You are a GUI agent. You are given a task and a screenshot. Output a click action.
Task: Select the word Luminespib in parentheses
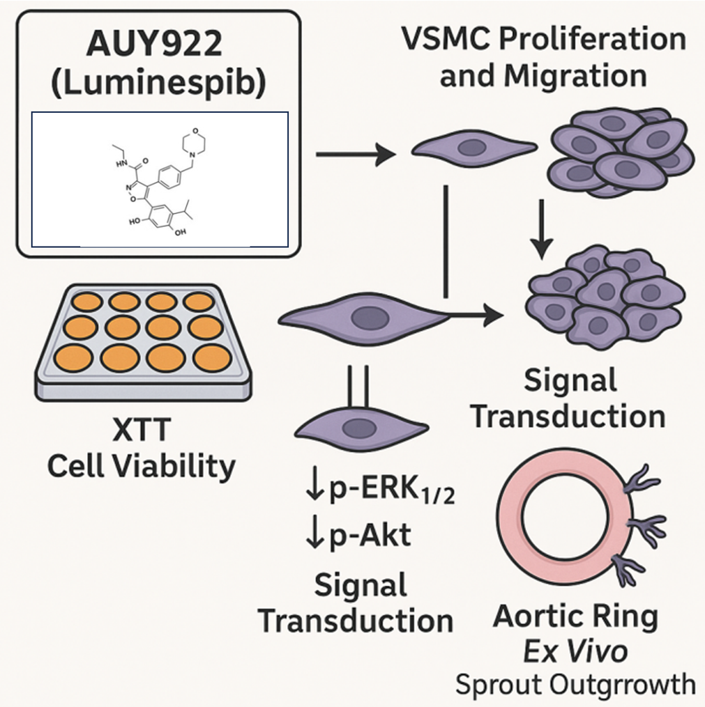[159, 86]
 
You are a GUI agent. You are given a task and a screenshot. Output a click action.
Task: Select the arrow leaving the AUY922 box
[356, 154]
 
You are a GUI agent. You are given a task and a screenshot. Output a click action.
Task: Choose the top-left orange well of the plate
[88, 302]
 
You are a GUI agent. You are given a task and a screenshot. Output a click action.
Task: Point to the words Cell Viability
[141, 466]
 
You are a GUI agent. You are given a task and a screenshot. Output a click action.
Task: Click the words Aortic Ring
[575, 616]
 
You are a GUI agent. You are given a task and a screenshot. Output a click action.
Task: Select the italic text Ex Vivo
[575, 651]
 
